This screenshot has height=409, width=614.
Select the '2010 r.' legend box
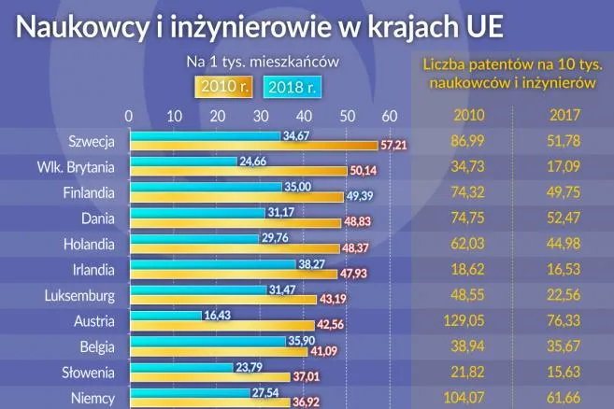[223, 88]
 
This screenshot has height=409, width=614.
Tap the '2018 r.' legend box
[293, 88]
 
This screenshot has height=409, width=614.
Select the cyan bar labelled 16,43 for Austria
[164, 317]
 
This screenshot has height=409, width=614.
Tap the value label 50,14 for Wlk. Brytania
[361, 172]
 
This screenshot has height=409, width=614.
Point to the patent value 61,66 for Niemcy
[565, 398]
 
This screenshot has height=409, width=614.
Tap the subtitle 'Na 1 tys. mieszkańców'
[262, 62]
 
